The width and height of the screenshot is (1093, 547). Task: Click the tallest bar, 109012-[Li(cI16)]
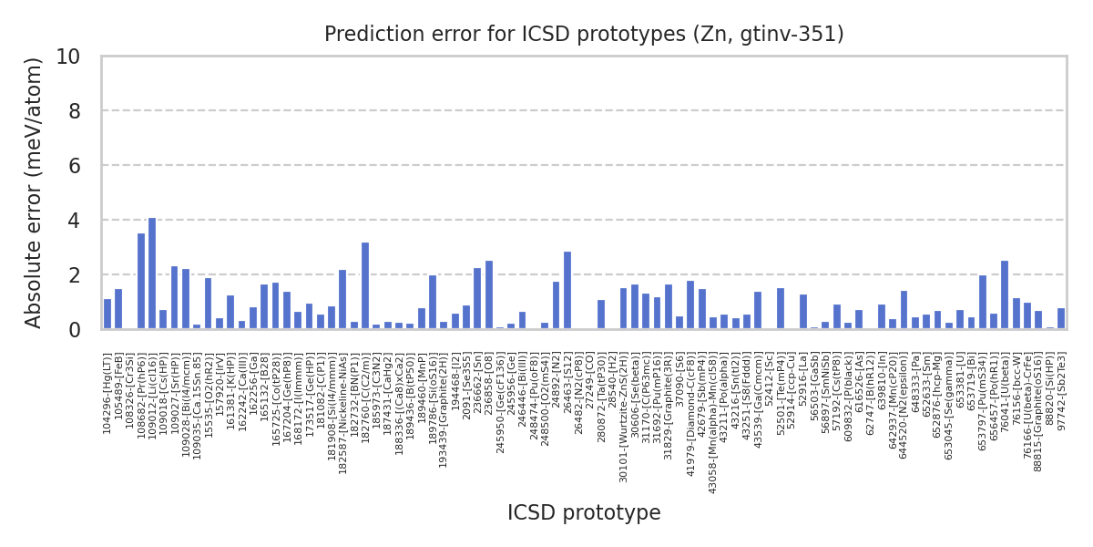click(x=152, y=273)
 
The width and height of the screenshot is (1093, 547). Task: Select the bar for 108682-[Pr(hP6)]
click(x=141, y=281)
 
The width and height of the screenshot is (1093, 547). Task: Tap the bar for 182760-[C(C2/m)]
click(x=365, y=285)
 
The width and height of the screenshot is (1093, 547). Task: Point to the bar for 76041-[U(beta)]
click(x=1005, y=294)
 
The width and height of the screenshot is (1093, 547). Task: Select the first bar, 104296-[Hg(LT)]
click(x=107, y=314)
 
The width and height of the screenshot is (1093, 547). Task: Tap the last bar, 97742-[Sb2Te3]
click(x=1061, y=318)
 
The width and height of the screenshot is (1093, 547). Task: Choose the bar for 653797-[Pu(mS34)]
click(x=983, y=302)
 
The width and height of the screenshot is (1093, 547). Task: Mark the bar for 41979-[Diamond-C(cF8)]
click(x=690, y=304)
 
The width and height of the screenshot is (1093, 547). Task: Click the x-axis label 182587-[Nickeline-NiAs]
click(x=343, y=402)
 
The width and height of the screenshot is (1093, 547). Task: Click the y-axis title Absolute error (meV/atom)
click(x=35, y=192)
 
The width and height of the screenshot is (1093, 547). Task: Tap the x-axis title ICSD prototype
click(x=584, y=513)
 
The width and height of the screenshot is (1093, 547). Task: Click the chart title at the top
click(x=584, y=35)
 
